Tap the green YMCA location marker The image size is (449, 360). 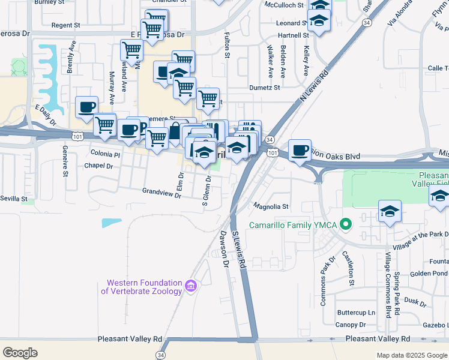[x=345, y=226]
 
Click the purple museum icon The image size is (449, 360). [x=191, y=286]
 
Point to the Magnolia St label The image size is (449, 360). [x=271, y=206]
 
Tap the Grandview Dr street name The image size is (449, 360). [x=161, y=192]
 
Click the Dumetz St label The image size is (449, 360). [x=265, y=88]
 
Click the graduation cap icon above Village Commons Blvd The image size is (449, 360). [x=390, y=211]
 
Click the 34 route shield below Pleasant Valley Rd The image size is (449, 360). [x=160, y=355]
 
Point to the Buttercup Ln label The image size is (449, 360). [x=356, y=313]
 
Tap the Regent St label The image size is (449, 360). [x=66, y=26]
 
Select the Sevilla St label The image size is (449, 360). [x=14, y=198]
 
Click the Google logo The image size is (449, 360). [x=20, y=353]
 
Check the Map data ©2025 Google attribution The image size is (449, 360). [x=411, y=355]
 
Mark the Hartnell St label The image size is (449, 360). [x=293, y=35]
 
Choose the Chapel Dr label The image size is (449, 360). [x=99, y=166]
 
